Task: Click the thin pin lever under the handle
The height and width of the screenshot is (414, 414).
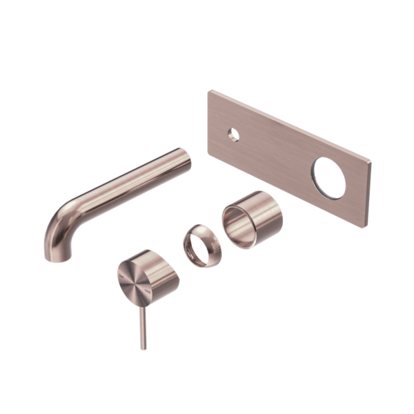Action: pyautogui.click(x=143, y=324)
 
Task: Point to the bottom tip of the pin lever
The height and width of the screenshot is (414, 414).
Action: pyautogui.click(x=144, y=348)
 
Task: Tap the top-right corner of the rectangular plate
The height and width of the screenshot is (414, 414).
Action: pyautogui.click(x=371, y=161)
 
